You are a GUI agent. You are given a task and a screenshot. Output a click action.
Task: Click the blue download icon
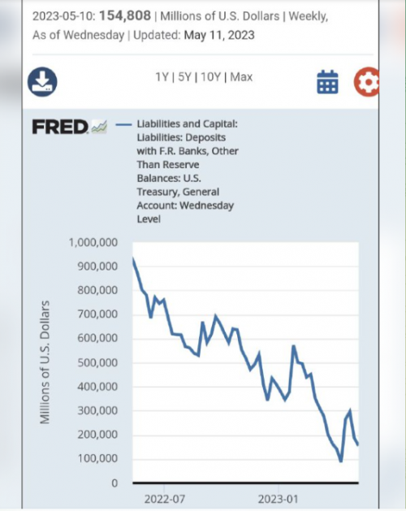click(42, 82)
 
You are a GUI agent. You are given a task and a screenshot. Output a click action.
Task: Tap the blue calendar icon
click(327, 82)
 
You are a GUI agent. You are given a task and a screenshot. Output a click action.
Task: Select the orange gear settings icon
click(366, 82)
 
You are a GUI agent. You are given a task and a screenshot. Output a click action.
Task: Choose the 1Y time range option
click(162, 77)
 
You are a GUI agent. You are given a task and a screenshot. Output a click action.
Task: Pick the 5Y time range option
click(184, 77)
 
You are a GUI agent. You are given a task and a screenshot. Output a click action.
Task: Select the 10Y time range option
click(211, 77)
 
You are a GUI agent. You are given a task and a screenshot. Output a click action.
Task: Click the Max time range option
click(241, 77)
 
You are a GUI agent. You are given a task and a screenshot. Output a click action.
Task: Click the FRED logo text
click(60, 127)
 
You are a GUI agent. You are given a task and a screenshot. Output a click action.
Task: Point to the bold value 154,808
click(125, 15)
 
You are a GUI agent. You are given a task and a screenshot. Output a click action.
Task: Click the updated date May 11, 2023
click(219, 35)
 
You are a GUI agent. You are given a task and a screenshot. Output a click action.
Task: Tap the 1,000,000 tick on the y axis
click(93, 242)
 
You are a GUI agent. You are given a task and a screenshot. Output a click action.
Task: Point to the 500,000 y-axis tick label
click(97, 362)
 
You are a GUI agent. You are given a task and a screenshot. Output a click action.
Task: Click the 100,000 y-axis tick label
click(97, 458)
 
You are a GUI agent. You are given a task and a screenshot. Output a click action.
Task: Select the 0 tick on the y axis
click(114, 483)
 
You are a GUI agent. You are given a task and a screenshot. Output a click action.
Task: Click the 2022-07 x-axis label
click(165, 499)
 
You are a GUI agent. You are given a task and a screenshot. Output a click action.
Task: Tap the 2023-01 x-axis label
click(278, 499)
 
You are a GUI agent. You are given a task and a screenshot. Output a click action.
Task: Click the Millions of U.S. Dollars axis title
click(45, 362)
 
